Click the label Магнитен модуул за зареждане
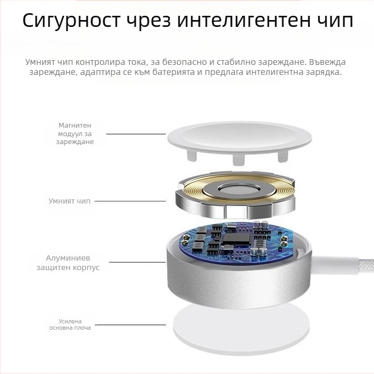pos(75,133)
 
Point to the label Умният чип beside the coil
pos(69,201)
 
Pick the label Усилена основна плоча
pos(70,324)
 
